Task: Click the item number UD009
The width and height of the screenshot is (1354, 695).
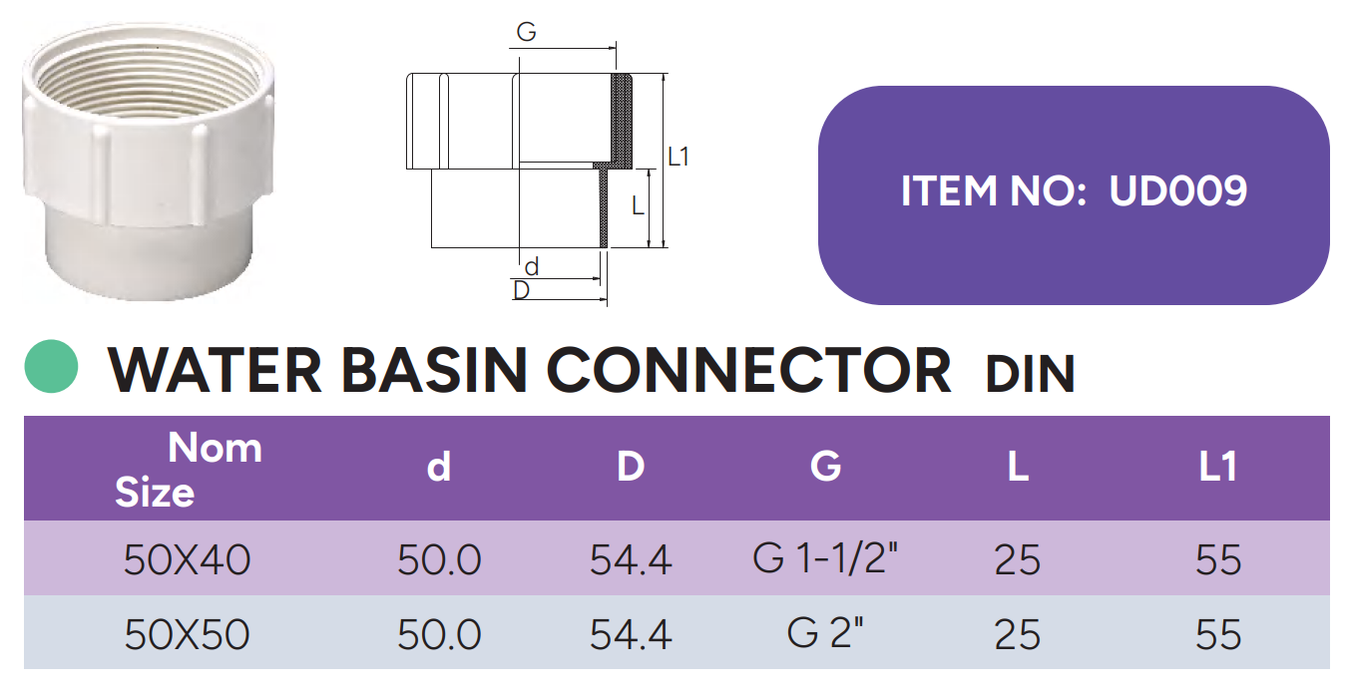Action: tap(1178, 190)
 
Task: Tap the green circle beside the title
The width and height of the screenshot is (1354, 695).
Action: tap(51, 367)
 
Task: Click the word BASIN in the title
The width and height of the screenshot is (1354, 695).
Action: tap(433, 370)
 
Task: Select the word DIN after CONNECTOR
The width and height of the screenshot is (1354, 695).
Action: tap(1030, 375)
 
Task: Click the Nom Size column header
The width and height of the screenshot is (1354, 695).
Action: tap(189, 469)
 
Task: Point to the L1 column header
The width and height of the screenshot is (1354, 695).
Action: tap(1217, 467)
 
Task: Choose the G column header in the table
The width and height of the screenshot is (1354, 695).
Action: tap(825, 467)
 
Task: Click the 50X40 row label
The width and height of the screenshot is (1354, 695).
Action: tap(188, 560)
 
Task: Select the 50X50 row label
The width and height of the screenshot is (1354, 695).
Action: tap(188, 634)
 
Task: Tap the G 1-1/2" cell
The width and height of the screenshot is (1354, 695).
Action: tap(826, 559)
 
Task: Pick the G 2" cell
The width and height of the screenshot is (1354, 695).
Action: tap(825, 633)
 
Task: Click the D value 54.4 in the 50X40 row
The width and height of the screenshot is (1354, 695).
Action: tap(631, 560)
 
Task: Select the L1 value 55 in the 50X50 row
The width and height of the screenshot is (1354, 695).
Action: tap(1217, 634)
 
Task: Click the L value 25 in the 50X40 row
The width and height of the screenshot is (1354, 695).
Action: tap(1017, 560)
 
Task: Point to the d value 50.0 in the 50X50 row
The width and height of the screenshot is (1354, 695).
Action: tap(439, 634)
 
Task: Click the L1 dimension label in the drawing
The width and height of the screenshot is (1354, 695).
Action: tap(678, 157)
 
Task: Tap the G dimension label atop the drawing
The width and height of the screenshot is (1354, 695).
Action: tap(526, 33)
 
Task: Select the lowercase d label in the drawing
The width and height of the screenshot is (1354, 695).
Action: tap(531, 266)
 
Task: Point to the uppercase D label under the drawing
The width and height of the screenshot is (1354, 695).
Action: tap(521, 290)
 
